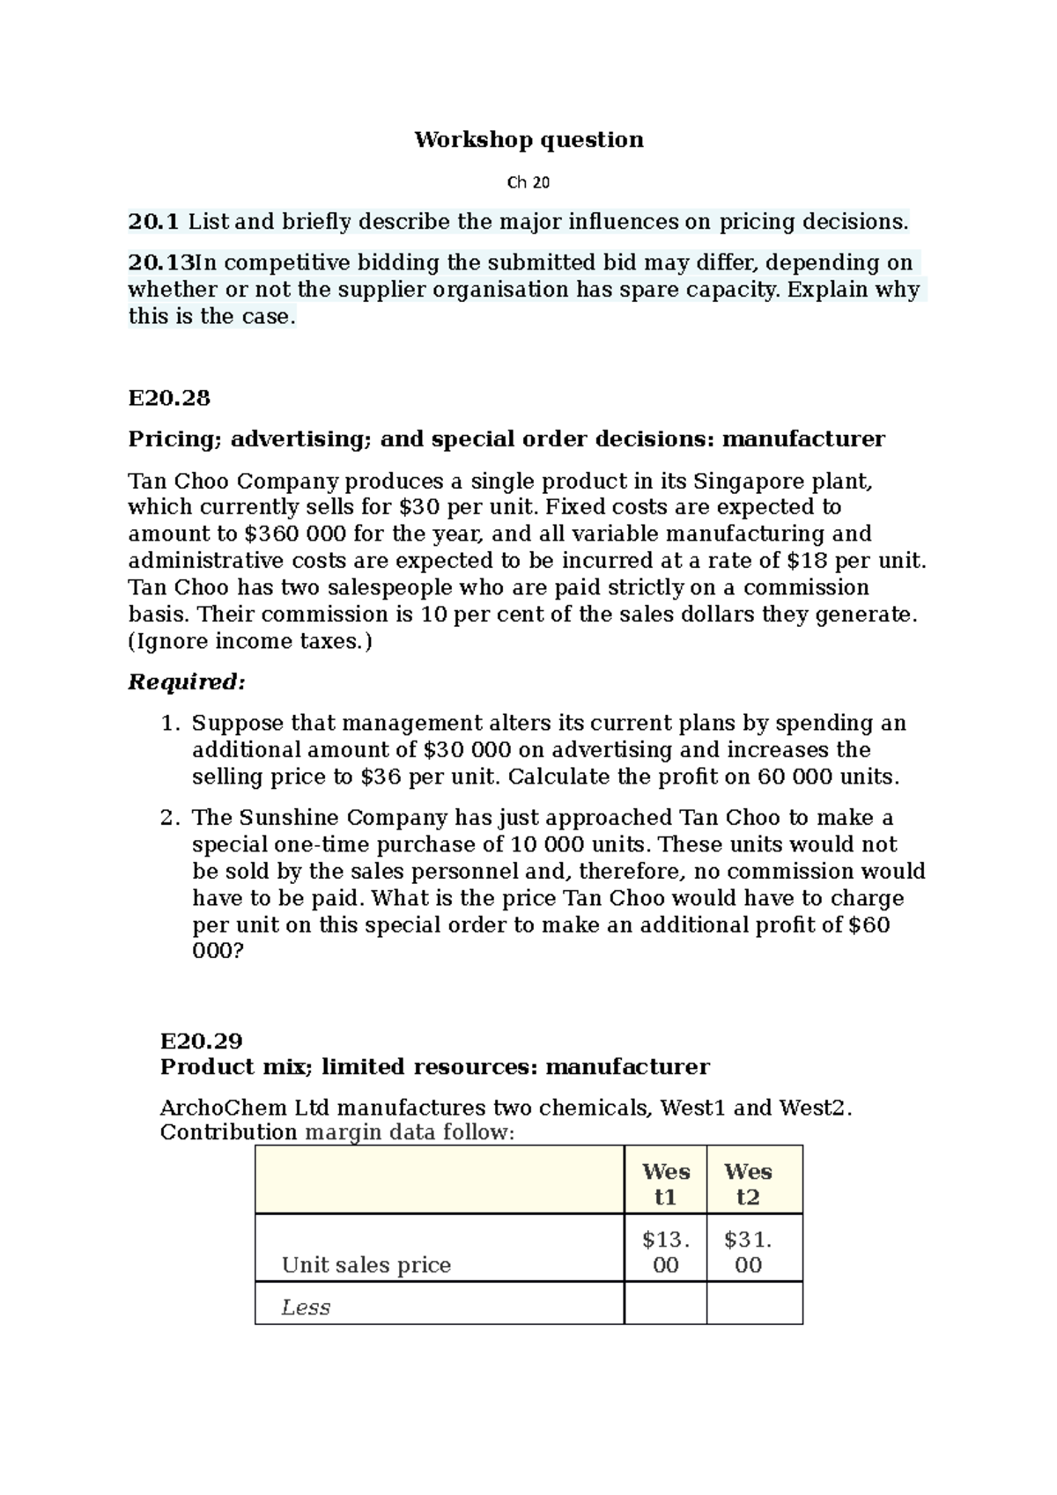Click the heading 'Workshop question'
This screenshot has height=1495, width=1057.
point(528,140)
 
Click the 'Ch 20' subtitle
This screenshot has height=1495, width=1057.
point(528,183)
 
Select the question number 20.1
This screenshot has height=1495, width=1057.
point(153,222)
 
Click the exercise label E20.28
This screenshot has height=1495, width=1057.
point(169,398)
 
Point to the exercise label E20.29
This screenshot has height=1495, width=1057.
point(201,1041)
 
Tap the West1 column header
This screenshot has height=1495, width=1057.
point(665,1183)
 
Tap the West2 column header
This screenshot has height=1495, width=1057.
point(748,1183)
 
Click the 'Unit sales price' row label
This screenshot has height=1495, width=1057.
point(366,1265)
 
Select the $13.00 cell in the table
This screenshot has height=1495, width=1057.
point(665,1252)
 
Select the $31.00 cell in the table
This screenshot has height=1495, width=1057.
point(748,1252)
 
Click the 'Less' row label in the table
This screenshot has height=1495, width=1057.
point(306,1307)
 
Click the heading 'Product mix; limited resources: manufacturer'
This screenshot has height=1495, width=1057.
point(434,1067)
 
